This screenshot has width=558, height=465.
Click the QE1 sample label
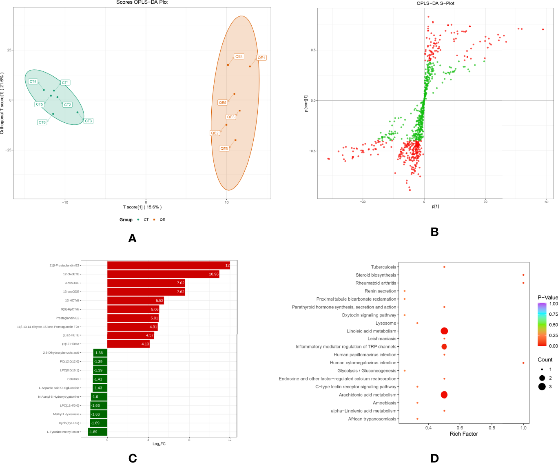tap(261, 58)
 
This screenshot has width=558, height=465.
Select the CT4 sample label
tap(33, 82)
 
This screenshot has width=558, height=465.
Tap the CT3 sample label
tap(89, 121)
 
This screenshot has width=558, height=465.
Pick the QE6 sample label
tap(224, 148)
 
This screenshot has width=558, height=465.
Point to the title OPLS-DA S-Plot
tap(435, 3)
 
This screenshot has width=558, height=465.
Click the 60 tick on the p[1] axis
tap(547, 202)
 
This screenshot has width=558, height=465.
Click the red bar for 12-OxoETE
tap(163, 274)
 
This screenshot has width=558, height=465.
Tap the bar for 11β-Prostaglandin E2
tap(168, 266)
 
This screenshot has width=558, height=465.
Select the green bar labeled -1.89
tap(97, 432)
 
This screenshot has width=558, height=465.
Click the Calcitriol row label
tap(73, 379)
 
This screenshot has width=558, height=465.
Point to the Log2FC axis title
tap(159, 444)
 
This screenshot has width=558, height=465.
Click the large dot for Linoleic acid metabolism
tap(444, 331)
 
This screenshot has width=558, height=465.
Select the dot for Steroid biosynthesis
tap(523, 275)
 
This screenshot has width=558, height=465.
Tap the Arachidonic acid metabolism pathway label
tap(367, 395)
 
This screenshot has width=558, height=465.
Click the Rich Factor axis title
tap(464, 434)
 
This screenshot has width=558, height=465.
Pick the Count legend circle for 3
tap(542, 387)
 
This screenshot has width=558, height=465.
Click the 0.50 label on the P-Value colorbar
tap(553, 325)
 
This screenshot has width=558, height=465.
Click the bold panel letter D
tap(434, 458)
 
